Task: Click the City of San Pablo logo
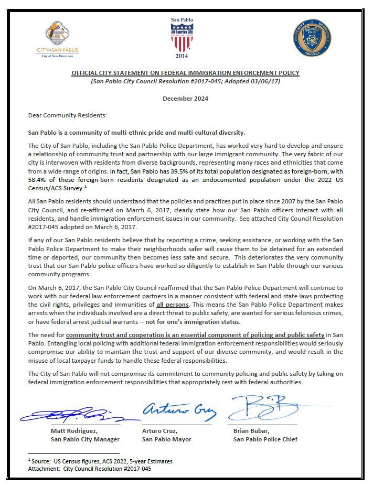58,39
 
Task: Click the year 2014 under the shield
182,56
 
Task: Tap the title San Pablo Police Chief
265,439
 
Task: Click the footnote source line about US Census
100,461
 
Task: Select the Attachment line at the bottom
90,469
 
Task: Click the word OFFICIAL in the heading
84,73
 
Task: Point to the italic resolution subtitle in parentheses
186,82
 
